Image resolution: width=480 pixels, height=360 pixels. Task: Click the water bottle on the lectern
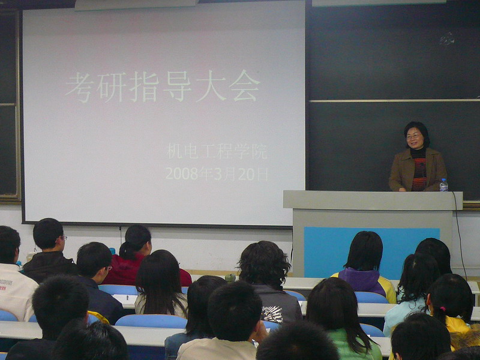point(443,185)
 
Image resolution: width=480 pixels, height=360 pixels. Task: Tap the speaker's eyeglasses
point(413,137)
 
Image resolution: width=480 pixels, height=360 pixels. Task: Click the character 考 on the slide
point(79,87)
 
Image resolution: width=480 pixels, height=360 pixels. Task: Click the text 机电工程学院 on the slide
point(217,151)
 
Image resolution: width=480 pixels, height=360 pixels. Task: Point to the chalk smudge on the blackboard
point(447,39)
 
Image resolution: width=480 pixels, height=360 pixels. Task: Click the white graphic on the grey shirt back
point(272,313)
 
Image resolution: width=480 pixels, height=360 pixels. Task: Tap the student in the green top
point(342,319)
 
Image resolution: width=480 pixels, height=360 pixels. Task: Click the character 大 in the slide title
point(211,86)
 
